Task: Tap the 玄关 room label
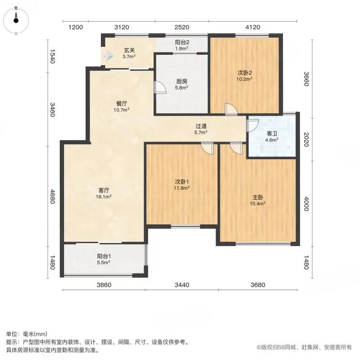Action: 130,50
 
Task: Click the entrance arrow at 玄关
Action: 107,56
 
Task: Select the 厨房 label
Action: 182,81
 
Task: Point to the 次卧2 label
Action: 245,72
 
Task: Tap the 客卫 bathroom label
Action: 272,134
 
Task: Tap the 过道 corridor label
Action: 201,126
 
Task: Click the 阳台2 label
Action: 181,43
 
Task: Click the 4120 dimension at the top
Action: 253,27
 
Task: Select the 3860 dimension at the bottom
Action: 104,284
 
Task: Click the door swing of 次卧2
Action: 230,110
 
